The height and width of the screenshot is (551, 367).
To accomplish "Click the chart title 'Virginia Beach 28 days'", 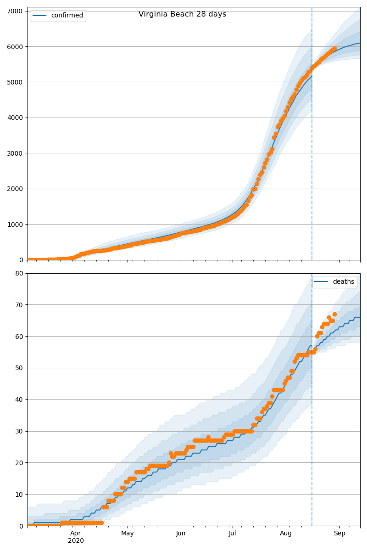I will (x=182, y=14).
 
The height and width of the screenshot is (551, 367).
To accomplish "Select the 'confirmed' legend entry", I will (x=67, y=16).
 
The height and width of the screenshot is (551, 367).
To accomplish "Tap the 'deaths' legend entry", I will (x=343, y=282).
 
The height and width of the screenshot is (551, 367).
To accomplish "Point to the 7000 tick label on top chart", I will (x=16, y=11).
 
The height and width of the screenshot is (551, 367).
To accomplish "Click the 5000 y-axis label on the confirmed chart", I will (x=16, y=82).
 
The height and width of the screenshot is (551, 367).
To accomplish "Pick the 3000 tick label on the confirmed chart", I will (x=16, y=153).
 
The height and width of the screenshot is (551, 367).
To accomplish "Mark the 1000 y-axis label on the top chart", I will (x=16, y=225).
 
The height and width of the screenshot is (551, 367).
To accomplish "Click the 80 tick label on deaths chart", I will (x=20, y=274).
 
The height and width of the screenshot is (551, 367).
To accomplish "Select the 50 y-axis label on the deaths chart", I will (x=20, y=368).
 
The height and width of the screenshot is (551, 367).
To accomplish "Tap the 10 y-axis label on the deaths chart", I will (x=20, y=495).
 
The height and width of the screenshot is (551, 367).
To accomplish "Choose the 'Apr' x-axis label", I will (x=76, y=533).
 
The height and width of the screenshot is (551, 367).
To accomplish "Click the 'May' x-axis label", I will (x=128, y=533).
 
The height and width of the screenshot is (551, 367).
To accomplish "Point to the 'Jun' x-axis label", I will (x=181, y=533).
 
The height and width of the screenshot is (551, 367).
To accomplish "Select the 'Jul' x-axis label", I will (x=233, y=533).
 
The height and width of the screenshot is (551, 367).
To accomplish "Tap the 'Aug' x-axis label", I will (x=286, y=533).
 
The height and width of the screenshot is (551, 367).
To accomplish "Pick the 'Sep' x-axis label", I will (x=339, y=533).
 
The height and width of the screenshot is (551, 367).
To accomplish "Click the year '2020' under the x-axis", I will (x=76, y=540).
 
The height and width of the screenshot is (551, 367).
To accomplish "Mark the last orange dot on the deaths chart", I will (x=334, y=315).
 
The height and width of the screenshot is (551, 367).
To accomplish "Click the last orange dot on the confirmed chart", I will (x=334, y=48).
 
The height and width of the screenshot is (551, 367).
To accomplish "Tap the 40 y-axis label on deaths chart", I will (x=20, y=400).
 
